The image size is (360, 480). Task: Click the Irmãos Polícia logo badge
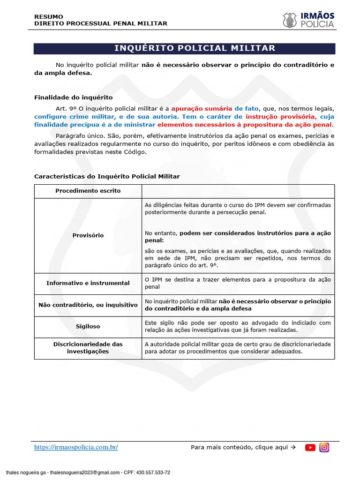point(290,20)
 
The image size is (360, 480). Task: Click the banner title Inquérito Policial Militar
point(195,48)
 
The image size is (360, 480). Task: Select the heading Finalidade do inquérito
point(73,97)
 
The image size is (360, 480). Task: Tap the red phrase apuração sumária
point(201,107)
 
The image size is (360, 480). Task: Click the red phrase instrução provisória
point(280,116)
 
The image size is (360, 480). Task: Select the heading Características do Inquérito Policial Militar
point(107,176)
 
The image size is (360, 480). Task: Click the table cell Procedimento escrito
point(88,191)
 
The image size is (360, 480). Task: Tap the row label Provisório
point(88,235)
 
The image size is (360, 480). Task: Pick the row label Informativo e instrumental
point(88,283)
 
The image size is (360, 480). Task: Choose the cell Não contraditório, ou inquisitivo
point(88,305)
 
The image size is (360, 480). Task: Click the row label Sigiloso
point(88,326)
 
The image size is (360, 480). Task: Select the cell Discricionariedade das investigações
point(88,347)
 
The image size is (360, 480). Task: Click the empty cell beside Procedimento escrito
point(238,191)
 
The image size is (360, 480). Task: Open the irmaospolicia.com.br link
point(76,447)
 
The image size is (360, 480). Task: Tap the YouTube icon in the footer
point(310,448)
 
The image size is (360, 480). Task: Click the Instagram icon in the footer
point(324,448)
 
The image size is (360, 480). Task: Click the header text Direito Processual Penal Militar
point(100,23)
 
